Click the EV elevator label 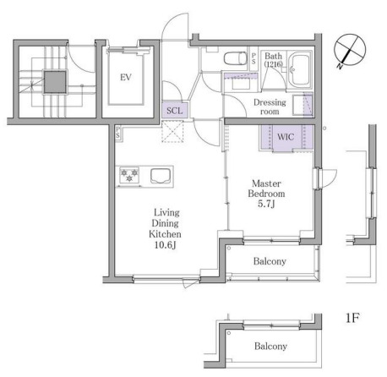click(x=126, y=77)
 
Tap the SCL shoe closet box click(x=175, y=110)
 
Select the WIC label click(x=286, y=137)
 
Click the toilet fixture click(x=236, y=59)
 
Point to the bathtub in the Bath click(x=300, y=70)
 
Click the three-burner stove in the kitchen click(x=129, y=175)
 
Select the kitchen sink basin click(x=161, y=176)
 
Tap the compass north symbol click(x=350, y=50)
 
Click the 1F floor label click(x=352, y=318)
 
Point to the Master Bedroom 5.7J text click(x=266, y=194)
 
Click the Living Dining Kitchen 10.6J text click(x=165, y=228)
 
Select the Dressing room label click(x=270, y=107)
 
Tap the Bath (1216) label click(x=273, y=59)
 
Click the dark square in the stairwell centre click(x=56, y=82)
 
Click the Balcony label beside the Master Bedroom click(x=270, y=261)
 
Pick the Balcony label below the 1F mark click(x=270, y=346)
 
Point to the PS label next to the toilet click(x=253, y=58)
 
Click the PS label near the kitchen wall click(x=117, y=132)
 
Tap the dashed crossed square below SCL click(x=172, y=131)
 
